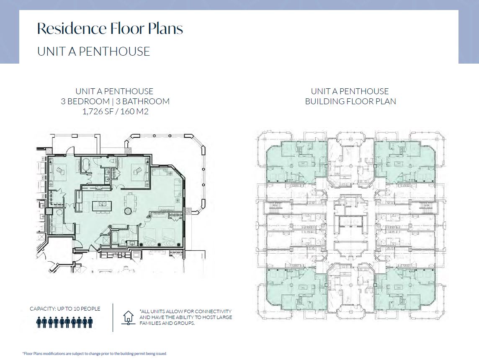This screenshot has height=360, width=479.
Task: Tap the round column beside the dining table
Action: [127, 211]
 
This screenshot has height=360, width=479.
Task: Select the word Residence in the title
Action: [72, 28]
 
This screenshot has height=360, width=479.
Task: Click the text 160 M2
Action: [134, 111]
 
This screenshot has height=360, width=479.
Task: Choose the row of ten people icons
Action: [64, 322]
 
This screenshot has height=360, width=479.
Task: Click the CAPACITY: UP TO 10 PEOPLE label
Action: [65, 309]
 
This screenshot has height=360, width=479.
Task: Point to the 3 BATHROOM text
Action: [143, 101]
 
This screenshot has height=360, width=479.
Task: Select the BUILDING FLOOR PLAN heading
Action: [350, 101]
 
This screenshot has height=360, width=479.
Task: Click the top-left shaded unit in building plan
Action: [296, 162]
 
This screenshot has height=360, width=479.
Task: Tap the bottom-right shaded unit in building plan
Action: [405, 290]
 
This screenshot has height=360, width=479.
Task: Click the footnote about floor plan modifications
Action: [94, 354]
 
